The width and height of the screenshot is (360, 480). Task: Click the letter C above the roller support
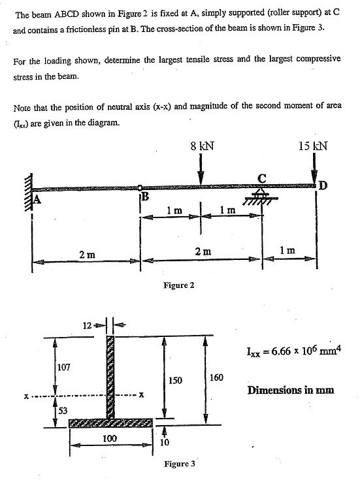pyautogui.click(x=263, y=178)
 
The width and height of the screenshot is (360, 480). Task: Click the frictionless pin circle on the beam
pyautogui.click(x=140, y=188)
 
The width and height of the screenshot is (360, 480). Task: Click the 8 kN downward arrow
pyautogui.click(x=201, y=171)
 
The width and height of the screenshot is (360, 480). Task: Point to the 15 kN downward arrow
pyautogui.click(x=314, y=171)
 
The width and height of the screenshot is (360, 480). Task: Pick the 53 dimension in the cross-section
pyautogui.click(x=63, y=410)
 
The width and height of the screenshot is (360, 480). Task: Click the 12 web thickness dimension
pyautogui.click(x=86, y=325)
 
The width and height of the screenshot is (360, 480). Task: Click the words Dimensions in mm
pyautogui.click(x=291, y=391)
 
